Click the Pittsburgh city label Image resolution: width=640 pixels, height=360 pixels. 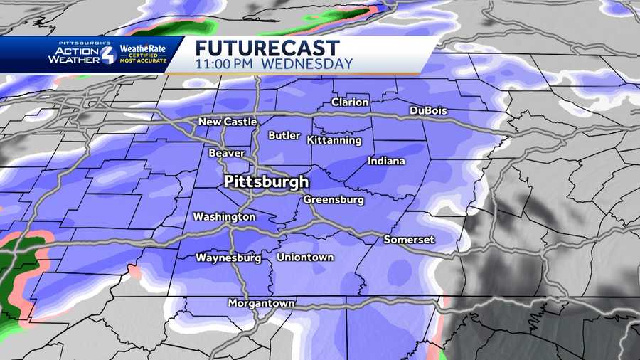[267, 181]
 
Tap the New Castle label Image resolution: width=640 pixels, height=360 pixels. [228, 122]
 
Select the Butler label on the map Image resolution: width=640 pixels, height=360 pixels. [284, 135]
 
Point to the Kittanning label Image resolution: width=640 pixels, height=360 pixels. [335, 141]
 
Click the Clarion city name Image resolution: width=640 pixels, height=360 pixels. [350, 102]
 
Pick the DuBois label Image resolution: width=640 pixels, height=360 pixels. [430, 111]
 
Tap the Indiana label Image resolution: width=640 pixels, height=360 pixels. [386, 162]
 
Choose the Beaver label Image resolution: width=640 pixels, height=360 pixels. [227, 153]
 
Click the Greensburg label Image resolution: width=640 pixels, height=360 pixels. [334, 200]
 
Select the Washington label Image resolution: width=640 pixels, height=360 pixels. [224, 216]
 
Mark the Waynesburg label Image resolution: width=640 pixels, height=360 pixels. [228, 258]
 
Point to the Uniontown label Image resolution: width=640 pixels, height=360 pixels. [305, 257]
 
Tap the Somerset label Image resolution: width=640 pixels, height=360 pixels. [409, 240]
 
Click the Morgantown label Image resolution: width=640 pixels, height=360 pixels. [261, 303]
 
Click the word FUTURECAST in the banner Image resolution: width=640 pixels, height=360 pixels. [268, 48]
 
